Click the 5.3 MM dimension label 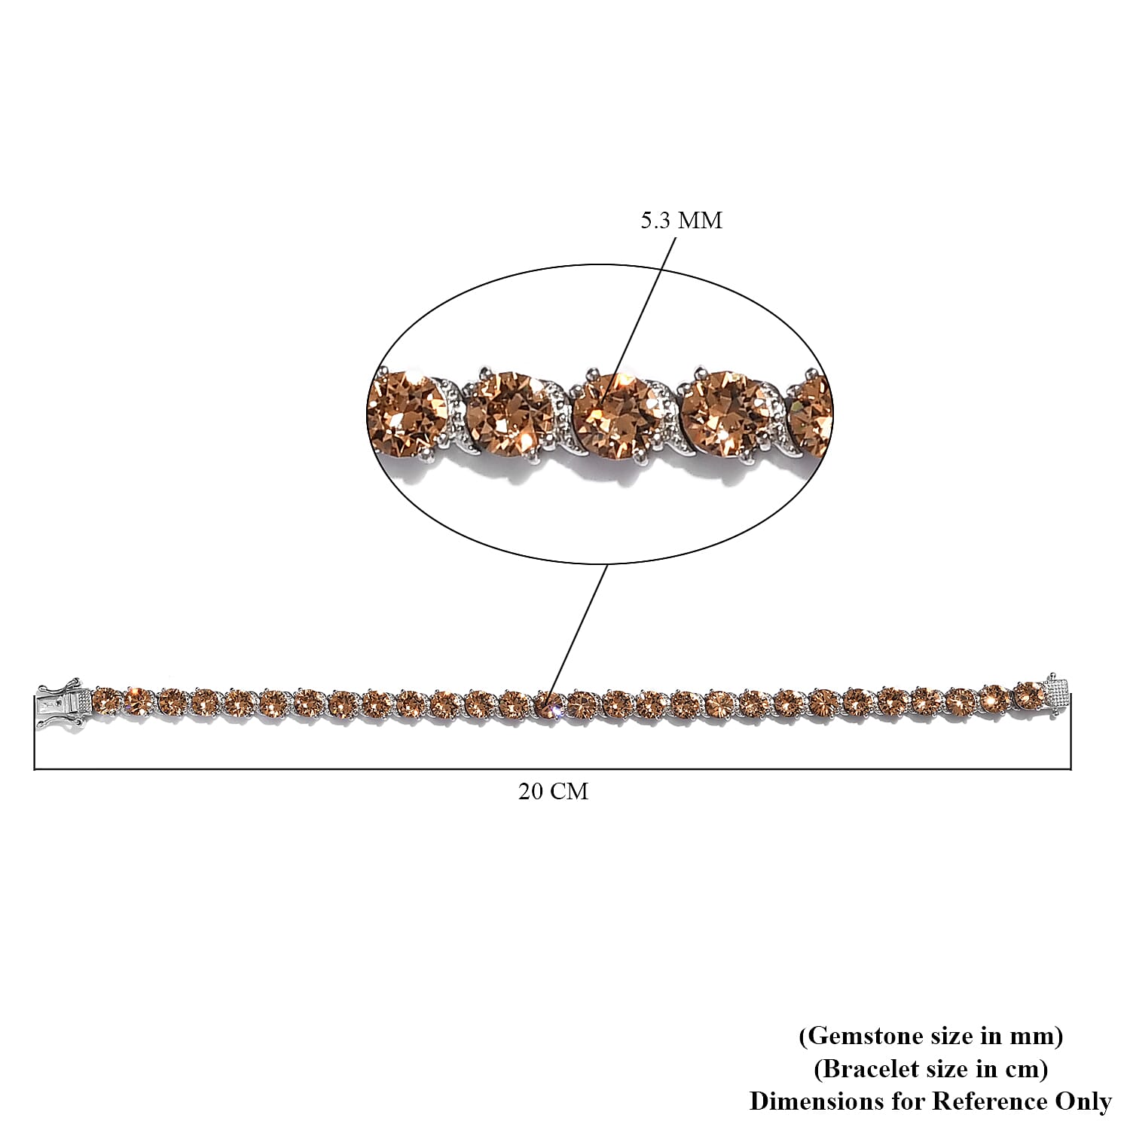coord(681,221)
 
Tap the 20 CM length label coord(553,792)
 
